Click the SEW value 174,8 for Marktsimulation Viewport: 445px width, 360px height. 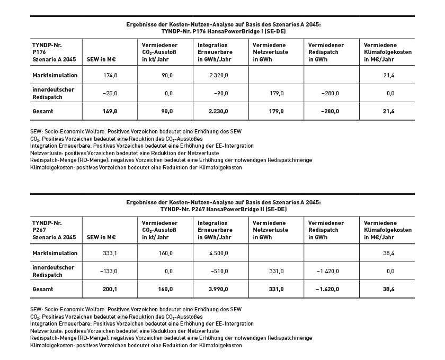pyautogui.click(x=110, y=76)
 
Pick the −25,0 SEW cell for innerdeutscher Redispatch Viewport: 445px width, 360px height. pyautogui.click(x=109, y=93)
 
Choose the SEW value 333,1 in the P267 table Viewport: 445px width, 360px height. pyautogui.click(x=110, y=254)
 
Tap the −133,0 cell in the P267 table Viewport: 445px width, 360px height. pyautogui.click(x=108, y=271)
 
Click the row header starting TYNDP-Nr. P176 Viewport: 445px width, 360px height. pyautogui.click(x=54, y=52)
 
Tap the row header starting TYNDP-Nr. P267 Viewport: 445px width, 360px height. pyautogui.click(x=54, y=230)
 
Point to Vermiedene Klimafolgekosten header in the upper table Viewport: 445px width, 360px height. pyautogui.click(x=388, y=52)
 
